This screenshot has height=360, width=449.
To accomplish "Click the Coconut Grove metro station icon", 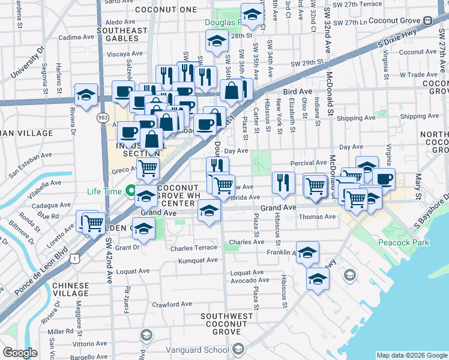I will coord(427,20).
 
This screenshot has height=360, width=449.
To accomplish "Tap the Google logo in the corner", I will coord(19,353).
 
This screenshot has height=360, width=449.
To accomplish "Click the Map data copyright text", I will coord(411,355).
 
